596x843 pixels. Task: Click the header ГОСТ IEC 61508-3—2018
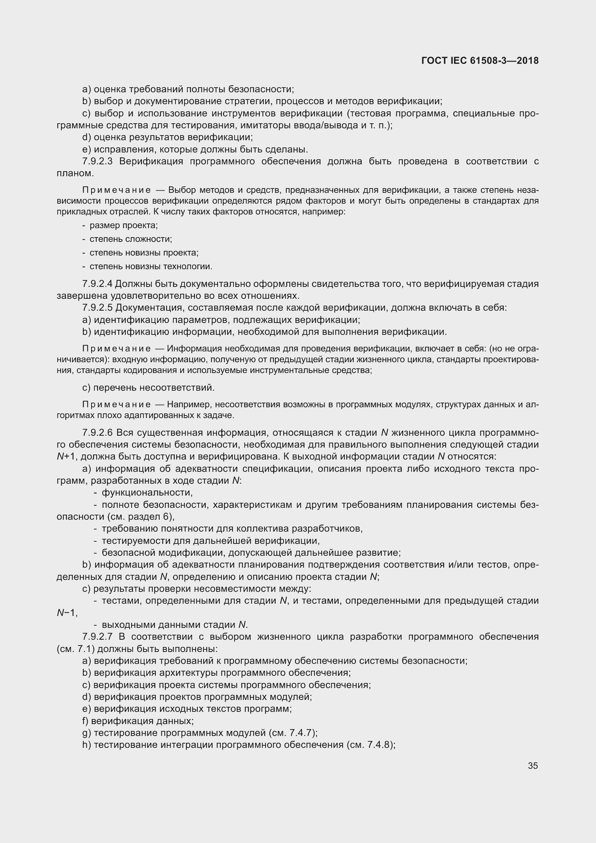[480, 61]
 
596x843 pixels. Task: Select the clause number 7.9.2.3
[97, 161]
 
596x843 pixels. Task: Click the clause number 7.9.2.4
[97, 284]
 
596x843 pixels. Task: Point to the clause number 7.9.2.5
[97, 308]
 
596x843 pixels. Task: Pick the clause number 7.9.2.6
[97, 433]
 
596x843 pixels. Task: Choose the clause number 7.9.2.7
[97, 636]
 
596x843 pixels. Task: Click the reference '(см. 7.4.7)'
[293, 733]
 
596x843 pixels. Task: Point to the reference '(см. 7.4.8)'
[370, 745]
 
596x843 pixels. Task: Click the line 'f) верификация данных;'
[138, 721]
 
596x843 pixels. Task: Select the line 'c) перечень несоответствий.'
[148, 387]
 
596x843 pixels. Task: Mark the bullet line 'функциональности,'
[147, 492]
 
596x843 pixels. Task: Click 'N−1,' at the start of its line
[67, 613]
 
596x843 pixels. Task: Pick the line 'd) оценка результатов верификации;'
[168, 137]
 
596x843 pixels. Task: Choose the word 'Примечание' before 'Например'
[116, 405]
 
